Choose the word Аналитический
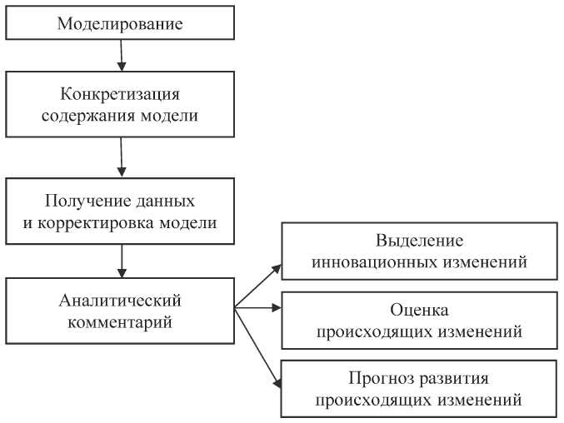coord(121,299)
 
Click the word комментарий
coord(121,321)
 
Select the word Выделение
coord(419,241)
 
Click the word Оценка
coord(419,311)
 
